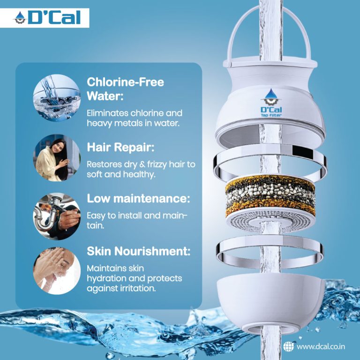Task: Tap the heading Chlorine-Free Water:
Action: (125, 89)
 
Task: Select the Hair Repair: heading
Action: (120, 147)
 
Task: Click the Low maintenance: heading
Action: (138, 198)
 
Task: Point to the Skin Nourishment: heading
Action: (139, 251)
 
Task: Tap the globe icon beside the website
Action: (289, 346)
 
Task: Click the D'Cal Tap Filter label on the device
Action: (270, 105)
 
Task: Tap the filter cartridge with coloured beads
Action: (270, 197)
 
